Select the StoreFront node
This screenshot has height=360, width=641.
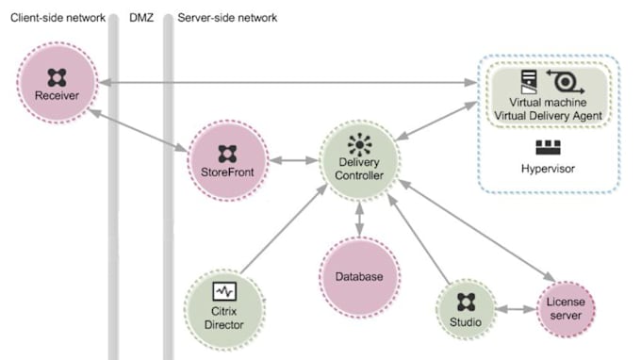227,159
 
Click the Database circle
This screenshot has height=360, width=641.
359,277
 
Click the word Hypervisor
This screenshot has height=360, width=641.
549,170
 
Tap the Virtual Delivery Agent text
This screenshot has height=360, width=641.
549,115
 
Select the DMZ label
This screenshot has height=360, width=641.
141,18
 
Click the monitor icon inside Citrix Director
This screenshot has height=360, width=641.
223,290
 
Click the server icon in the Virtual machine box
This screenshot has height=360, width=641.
529,81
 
